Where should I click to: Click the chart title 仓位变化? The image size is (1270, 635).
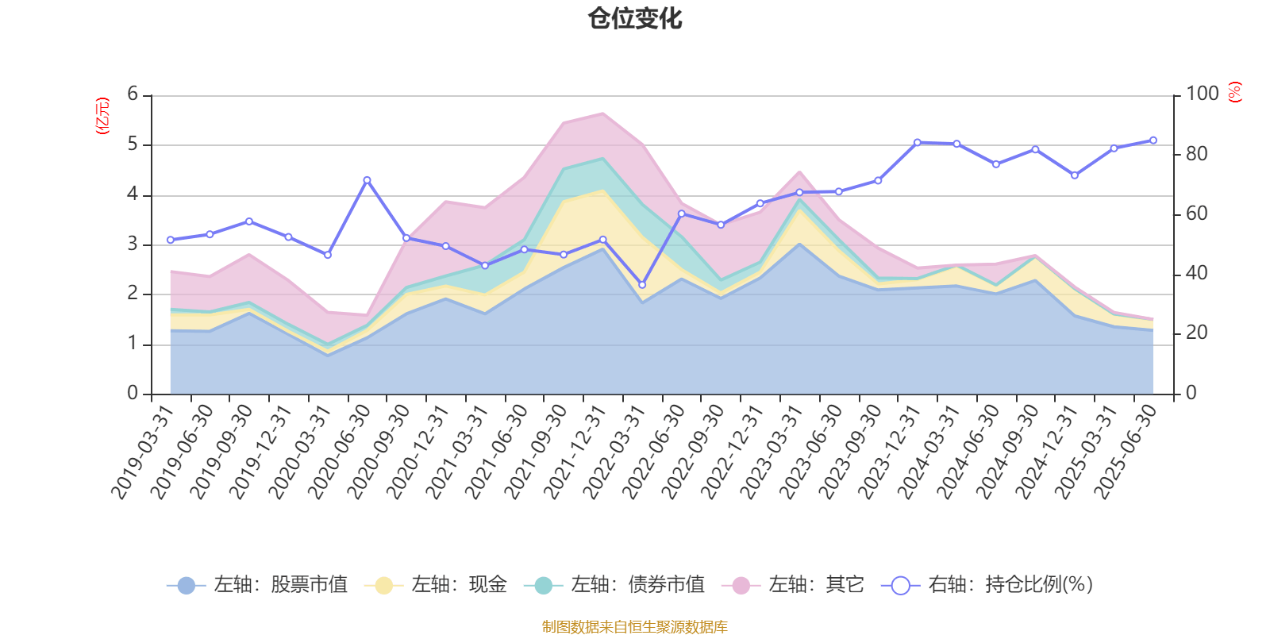tap(635, 18)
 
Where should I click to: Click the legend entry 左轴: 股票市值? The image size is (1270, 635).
tap(258, 586)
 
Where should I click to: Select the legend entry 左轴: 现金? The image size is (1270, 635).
tap(436, 586)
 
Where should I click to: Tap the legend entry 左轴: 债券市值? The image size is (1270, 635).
tap(615, 586)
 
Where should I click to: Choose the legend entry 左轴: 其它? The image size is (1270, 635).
tap(793, 586)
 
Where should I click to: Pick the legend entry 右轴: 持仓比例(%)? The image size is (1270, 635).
tap(988, 586)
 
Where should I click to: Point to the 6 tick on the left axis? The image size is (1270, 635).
tap(133, 94)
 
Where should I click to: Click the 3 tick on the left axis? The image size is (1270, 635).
tap(133, 244)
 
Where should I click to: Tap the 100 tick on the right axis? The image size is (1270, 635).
tap(1202, 94)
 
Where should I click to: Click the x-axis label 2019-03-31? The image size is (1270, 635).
tap(143, 451)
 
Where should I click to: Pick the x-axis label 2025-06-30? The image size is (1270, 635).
tap(1127, 451)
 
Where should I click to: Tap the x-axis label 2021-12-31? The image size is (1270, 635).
tap(575, 451)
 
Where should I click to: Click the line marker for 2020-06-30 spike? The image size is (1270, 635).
tap(367, 180)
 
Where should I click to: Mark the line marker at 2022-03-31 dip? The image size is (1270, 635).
tap(642, 285)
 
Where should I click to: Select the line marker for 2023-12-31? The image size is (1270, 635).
tap(917, 143)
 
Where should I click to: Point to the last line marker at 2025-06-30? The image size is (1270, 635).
tap(1153, 140)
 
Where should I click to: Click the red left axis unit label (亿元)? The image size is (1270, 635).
tap(102, 116)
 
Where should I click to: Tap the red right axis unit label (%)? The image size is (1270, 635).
tap(1235, 92)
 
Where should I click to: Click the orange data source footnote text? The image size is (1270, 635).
tap(635, 627)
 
